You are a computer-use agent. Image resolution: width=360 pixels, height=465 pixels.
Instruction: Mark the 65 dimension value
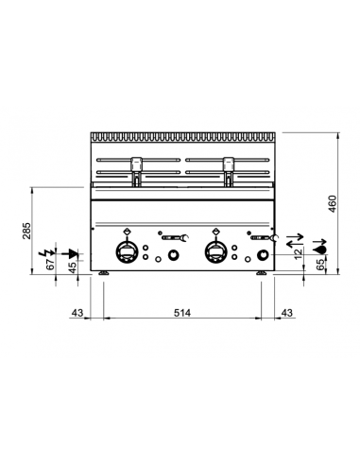320,266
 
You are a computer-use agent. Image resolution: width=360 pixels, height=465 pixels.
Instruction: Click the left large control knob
126,252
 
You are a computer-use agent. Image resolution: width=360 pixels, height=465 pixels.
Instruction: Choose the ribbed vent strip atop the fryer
184,136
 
